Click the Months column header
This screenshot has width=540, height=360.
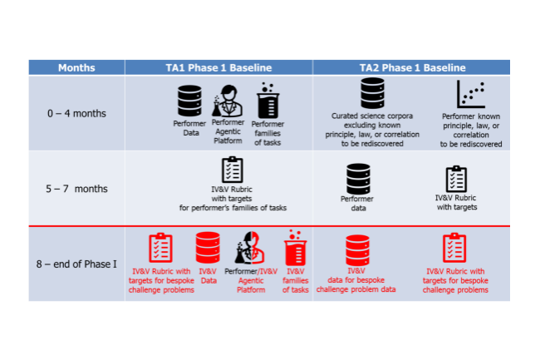point(77,67)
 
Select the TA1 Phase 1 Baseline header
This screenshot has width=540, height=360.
point(219,67)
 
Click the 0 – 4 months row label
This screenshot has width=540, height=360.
point(76,113)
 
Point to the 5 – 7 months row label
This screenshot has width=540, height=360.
point(76,189)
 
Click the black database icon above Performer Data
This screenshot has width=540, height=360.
point(190,101)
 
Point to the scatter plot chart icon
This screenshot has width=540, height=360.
point(471,94)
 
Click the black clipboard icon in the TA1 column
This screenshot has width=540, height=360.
point(233,170)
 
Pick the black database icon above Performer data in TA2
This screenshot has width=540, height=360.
point(357,178)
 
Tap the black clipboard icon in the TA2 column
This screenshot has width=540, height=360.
point(456,179)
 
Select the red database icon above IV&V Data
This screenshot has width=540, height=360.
point(207,249)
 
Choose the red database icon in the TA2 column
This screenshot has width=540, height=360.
point(357,249)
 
